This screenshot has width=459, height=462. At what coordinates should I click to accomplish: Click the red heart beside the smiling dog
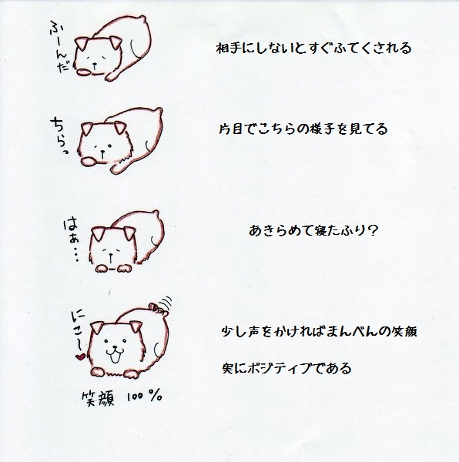pos(80,357)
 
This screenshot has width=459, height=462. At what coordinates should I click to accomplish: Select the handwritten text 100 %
pos(144,398)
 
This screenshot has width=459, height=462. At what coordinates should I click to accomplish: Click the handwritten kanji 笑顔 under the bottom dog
pos(98,399)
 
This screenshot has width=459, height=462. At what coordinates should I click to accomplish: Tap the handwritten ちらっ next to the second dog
pos(59,136)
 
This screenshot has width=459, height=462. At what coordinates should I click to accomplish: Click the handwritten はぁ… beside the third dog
pos(72,241)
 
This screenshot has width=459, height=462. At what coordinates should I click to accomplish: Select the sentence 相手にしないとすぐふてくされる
pos(313,49)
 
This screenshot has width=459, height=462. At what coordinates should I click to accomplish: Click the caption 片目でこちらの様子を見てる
pos(303,129)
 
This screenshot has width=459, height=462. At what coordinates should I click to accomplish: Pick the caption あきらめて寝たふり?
pos(313,230)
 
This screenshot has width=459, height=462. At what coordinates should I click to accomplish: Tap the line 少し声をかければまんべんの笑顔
pos(319,332)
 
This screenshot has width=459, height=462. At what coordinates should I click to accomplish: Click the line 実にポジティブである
pos(287,368)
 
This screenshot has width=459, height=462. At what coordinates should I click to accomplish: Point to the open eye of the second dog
pos(109,146)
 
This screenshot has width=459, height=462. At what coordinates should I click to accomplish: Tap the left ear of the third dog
pos(99,233)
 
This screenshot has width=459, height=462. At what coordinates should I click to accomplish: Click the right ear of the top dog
pos(116,42)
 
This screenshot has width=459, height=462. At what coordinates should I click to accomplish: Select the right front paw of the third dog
pos(124,268)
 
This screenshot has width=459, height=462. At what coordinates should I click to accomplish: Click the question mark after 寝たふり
pos(373,230)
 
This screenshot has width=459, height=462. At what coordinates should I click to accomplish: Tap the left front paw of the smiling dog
pos(99,372)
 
